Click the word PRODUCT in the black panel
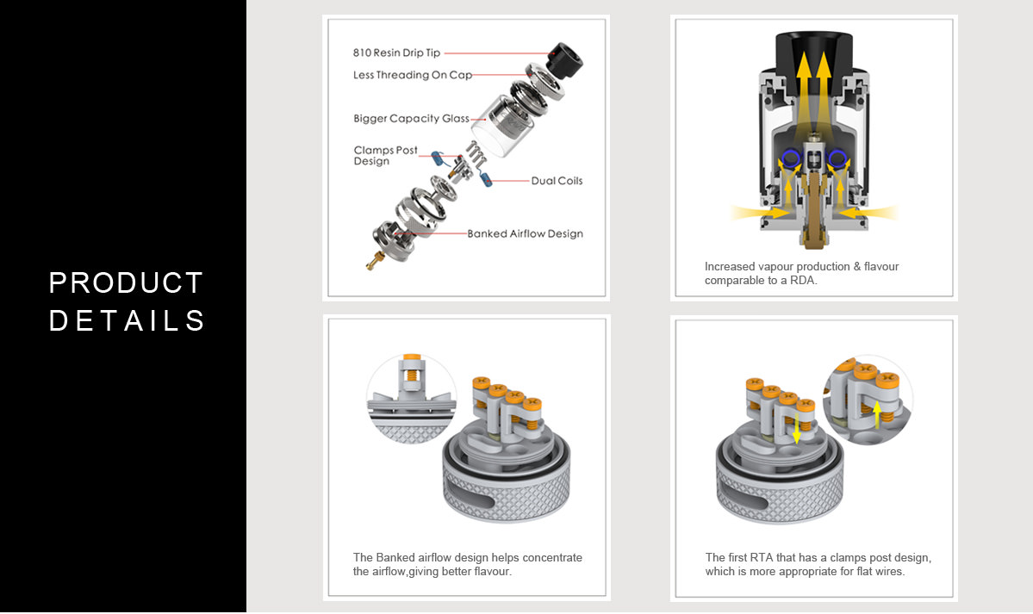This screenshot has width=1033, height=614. click(x=126, y=283)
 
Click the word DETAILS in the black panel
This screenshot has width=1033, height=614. click(x=128, y=321)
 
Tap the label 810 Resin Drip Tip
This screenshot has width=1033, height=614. click(x=396, y=53)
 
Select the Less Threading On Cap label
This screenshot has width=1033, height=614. click(x=413, y=75)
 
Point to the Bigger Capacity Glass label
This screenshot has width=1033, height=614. click(x=411, y=119)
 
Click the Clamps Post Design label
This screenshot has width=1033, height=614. click(x=385, y=156)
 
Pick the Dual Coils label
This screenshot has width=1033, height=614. click(x=557, y=181)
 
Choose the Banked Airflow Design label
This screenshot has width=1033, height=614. click(x=525, y=233)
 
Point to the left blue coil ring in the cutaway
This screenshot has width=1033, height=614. click(x=790, y=158)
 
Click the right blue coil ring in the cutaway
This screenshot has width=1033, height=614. click(x=837, y=158)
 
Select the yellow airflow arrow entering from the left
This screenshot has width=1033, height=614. click(x=760, y=213)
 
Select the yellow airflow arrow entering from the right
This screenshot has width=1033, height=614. click(x=868, y=213)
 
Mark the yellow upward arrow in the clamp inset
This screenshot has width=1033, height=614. click(x=877, y=415)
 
